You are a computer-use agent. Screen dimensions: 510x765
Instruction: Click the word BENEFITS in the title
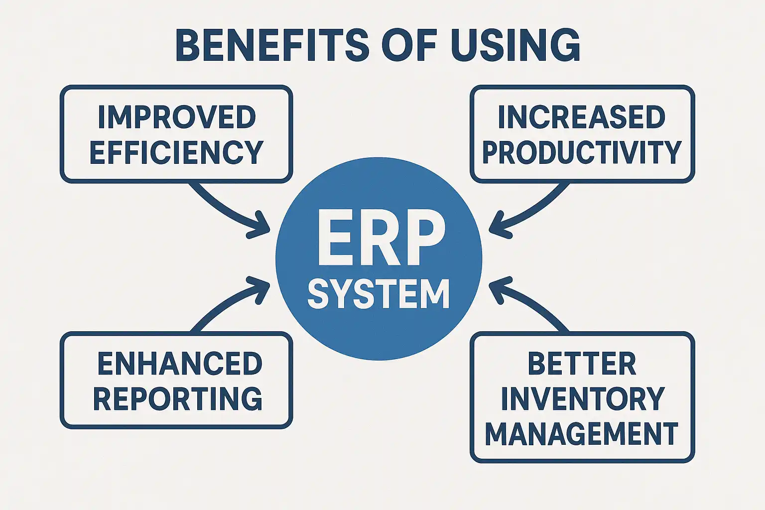coord(272,45)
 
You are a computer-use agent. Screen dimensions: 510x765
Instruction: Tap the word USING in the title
coord(515,45)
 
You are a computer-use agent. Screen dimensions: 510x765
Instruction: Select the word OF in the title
coord(409,45)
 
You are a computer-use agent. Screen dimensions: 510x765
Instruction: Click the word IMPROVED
coord(177,118)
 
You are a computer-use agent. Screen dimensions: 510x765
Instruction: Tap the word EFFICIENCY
coord(176,152)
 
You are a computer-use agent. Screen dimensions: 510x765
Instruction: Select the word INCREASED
coord(582,118)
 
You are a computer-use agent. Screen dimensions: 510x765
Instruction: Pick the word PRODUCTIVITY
coord(582,152)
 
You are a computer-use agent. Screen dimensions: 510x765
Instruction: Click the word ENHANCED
coord(179,364)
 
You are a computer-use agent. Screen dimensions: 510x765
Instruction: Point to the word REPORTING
coord(178,399)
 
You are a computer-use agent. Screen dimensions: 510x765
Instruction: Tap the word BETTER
coord(582,364)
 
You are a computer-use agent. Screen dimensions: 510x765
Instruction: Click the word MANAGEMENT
coord(582,434)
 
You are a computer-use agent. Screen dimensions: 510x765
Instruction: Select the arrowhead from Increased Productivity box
coord(499,227)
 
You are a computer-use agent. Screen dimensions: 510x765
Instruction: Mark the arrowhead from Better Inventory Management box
coord(499,289)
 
